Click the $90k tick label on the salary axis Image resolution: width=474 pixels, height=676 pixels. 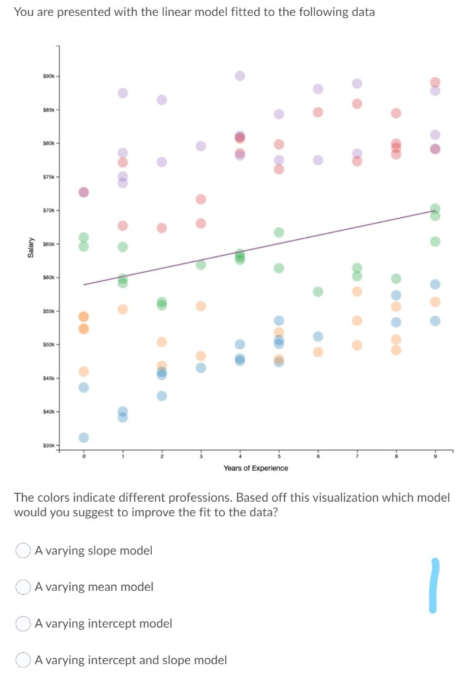pos(50,77)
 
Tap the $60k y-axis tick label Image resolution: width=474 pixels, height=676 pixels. pos(50,278)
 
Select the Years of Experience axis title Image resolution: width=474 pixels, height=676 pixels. pos(255,468)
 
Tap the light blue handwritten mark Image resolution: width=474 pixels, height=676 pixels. pos(434,585)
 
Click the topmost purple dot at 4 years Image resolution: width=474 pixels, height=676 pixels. pos(240,76)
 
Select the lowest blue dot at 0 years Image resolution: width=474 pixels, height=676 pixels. pos(84,438)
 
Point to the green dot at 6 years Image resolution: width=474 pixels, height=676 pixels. pos(318,291)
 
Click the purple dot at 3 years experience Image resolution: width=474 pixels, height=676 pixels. pos(201,145)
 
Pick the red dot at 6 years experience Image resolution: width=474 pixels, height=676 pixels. pos(318,112)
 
